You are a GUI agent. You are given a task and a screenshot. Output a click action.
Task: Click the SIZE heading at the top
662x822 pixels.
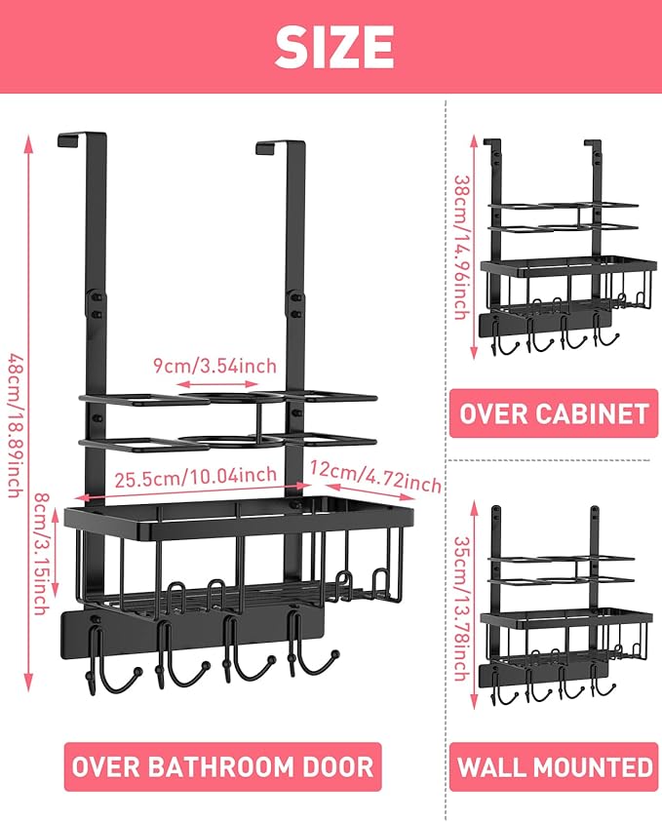click(334, 46)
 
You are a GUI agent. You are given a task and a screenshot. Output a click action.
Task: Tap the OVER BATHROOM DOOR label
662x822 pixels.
click(222, 765)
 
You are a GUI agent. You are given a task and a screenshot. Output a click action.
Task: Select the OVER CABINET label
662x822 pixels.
click(554, 413)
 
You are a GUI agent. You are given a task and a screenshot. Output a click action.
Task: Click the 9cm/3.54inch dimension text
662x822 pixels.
click(214, 366)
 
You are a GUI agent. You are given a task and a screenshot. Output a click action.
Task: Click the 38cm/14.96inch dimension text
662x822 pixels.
click(462, 246)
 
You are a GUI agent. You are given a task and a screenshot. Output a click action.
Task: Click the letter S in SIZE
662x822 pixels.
click(292, 46)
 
